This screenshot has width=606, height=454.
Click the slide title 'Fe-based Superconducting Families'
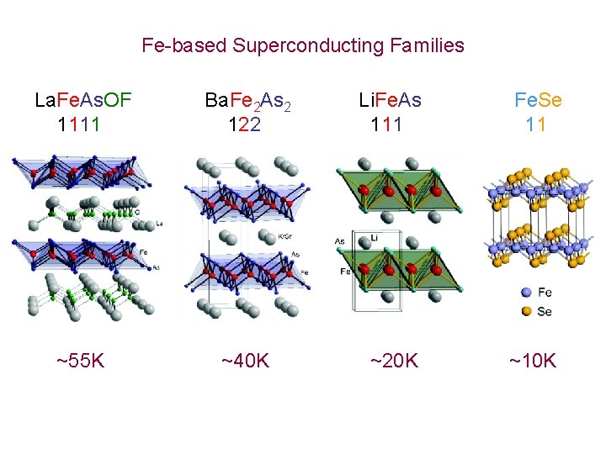[303, 45]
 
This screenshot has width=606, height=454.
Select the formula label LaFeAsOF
[83, 102]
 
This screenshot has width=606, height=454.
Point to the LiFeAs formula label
[390, 102]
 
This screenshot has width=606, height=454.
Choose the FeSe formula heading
[538, 102]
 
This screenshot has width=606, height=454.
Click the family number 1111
[79, 125]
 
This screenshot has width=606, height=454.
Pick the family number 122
[244, 125]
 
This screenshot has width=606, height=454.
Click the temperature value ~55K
[81, 362]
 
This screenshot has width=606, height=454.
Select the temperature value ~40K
[245, 362]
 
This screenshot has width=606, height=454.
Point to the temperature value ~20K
[394, 362]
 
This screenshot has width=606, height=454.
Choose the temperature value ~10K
[532, 362]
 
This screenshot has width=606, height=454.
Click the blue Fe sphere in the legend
[526, 293]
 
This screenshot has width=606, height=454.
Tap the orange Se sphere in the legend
[526, 311]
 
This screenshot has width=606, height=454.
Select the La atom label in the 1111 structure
[160, 223]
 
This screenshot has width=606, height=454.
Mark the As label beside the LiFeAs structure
[339, 241]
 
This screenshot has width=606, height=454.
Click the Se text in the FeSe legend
[545, 311]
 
